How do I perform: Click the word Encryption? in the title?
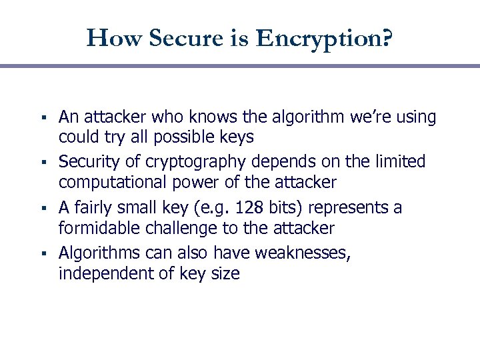click(x=325, y=38)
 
